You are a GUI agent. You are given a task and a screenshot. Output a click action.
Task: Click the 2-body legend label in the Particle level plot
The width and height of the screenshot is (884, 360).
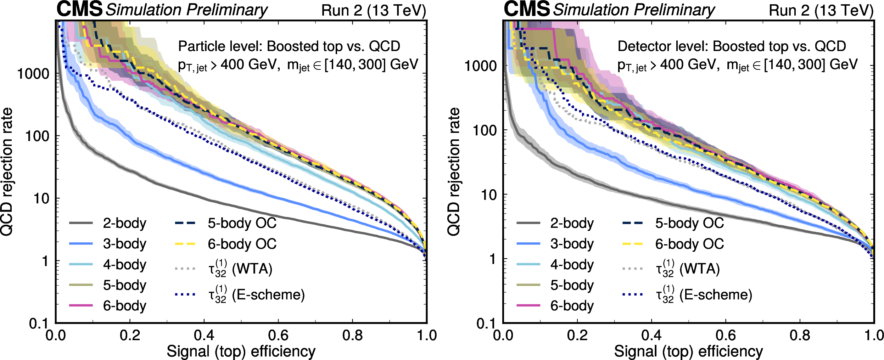point(124,223)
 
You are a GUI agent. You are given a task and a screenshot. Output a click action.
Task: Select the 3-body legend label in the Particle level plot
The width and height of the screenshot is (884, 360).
point(124,244)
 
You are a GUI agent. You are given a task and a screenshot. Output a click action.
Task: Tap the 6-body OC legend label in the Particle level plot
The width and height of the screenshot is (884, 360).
point(242,244)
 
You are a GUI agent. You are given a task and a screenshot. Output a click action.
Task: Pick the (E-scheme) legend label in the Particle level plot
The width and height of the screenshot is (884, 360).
point(268,295)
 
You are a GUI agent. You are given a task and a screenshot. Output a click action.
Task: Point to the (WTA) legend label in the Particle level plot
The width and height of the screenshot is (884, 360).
point(252,269)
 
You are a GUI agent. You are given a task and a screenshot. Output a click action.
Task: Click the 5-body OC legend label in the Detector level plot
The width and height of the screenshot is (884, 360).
point(689,223)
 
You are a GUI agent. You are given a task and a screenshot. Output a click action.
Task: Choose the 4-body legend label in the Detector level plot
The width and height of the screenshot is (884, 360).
point(572,265)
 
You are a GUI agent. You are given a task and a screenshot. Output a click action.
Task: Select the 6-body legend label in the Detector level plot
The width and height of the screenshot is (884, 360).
point(572,306)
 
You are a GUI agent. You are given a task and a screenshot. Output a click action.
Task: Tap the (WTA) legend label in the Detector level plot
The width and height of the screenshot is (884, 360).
point(699,269)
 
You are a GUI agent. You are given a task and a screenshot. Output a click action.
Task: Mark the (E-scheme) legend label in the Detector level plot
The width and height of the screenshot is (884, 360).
point(715,295)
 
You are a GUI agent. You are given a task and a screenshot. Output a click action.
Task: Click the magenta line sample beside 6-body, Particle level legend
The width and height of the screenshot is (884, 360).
point(81,305)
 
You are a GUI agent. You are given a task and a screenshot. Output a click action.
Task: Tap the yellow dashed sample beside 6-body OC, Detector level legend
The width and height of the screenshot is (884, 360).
point(632,244)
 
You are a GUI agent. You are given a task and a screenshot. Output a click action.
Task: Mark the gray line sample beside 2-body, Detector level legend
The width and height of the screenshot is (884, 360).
point(528,223)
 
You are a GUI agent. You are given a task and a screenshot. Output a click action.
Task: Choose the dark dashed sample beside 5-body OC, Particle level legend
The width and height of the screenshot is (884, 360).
point(185,223)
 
